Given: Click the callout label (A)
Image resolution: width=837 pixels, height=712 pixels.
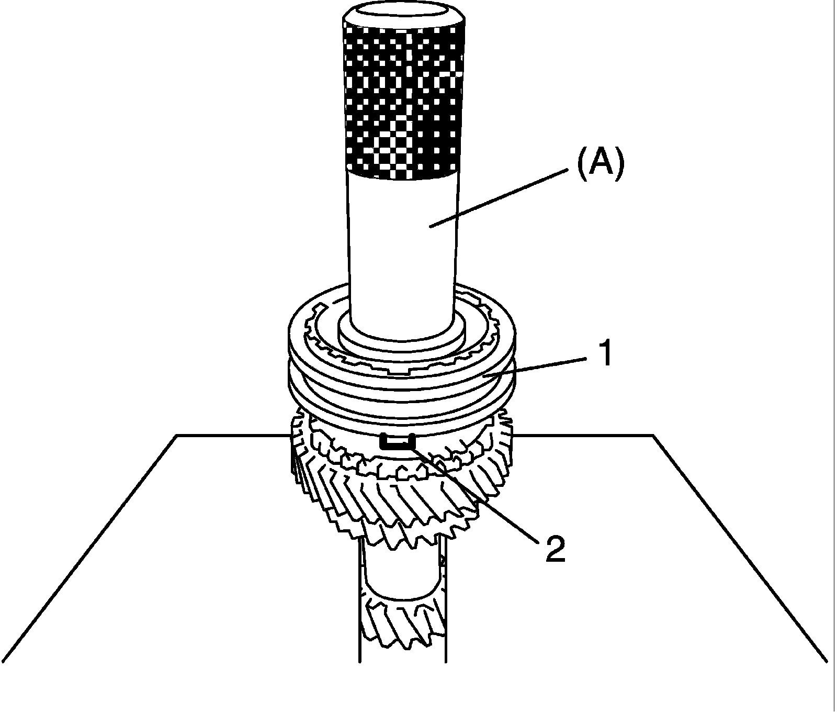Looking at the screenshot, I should (600, 164).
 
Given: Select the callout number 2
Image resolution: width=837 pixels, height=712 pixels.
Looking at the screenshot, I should (555, 548).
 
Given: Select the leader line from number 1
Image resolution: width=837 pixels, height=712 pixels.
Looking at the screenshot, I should (539, 365).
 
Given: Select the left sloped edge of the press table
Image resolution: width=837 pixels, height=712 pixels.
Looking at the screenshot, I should (89, 550).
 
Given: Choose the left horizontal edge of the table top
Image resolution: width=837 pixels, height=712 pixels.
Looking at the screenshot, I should (230, 435).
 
